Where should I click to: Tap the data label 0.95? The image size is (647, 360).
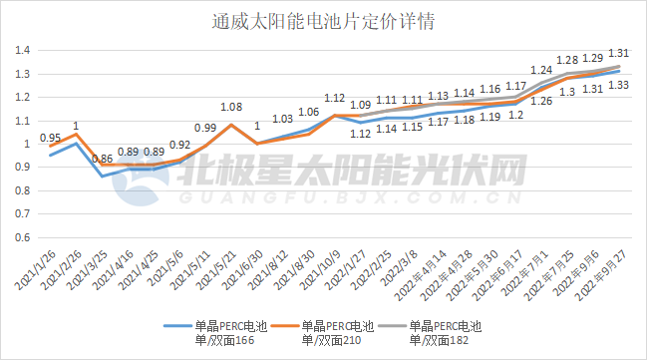click(x=50, y=138)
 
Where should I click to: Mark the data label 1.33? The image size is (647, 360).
click(x=617, y=85)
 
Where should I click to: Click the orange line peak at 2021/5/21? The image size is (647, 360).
click(x=231, y=125)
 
